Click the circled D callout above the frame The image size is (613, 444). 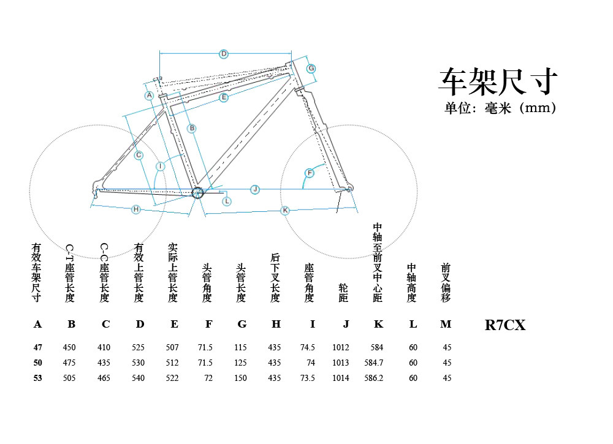point(224,54)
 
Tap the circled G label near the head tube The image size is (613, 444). point(311,68)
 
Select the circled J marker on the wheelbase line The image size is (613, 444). point(255,189)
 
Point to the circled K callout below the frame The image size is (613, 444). point(285,210)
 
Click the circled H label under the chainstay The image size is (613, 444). point(136,209)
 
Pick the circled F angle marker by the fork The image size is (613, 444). point(310,173)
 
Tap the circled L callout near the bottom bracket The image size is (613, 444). point(227,201)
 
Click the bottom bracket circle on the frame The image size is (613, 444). point(197,193)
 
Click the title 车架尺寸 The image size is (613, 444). point(498,81)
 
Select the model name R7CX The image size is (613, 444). point(505,325)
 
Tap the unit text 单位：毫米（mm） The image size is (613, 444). point(500,108)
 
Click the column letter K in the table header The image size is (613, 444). point(378,325)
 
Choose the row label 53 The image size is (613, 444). point(38,378)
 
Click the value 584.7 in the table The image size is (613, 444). point(373,363)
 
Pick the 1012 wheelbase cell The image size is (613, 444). point(340,347)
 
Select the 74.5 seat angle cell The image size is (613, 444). point(307,347)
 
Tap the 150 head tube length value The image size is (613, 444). point(240,378)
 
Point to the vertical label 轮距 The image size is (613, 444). point(343,293)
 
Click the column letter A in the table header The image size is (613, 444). point(38,325)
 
